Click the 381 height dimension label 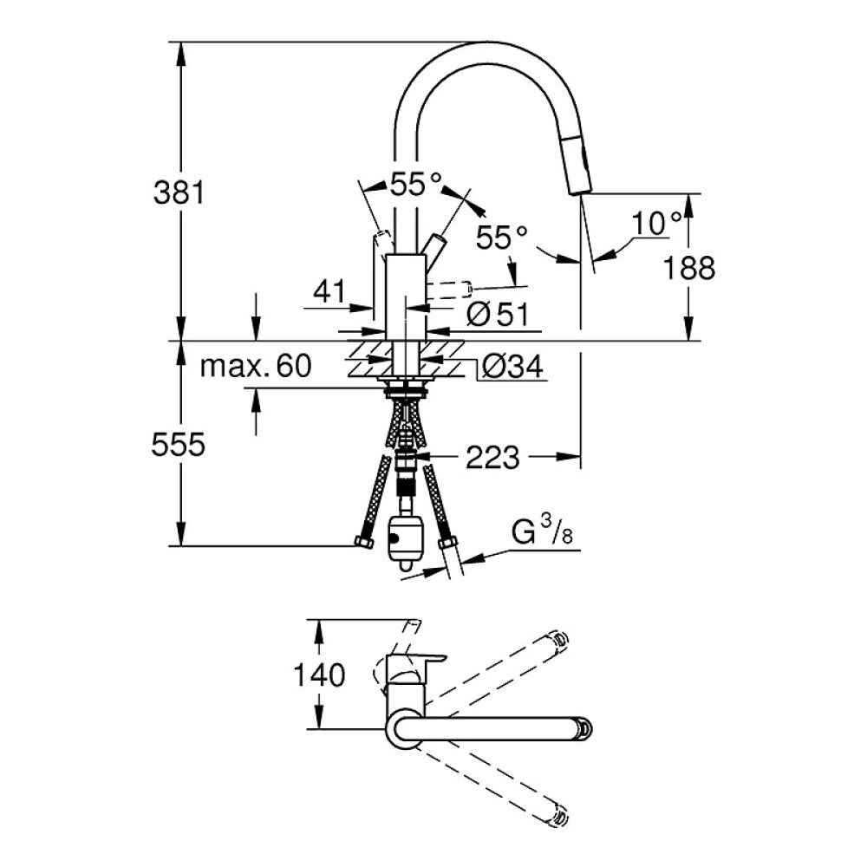(x=179, y=193)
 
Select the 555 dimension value (x=178, y=444)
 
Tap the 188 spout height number (x=689, y=268)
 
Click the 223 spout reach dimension (x=492, y=457)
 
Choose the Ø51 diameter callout (x=498, y=314)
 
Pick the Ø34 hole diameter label (x=512, y=366)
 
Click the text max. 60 (x=256, y=366)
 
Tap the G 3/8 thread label (x=541, y=532)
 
